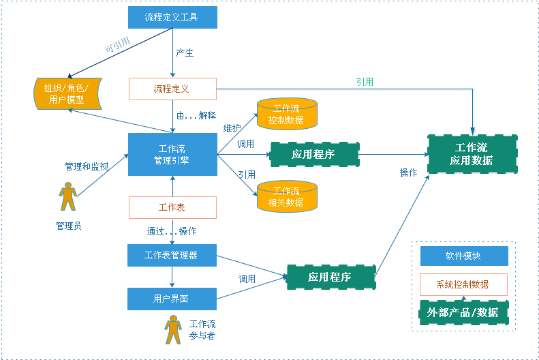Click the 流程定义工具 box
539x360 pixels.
pyautogui.click(x=172, y=17)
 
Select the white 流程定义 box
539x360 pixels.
pyautogui.click(x=172, y=89)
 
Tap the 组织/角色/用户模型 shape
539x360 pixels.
pyautogui.click(x=67, y=93)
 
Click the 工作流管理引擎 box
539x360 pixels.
pyautogui.click(x=172, y=154)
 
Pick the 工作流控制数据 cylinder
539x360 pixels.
pyautogui.click(x=287, y=114)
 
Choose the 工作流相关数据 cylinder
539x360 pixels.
pyautogui.click(x=287, y=196)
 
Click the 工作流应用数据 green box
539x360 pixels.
pyautogui.click(x=472, y=154)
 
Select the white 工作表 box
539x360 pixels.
pyautogui.click(x=172, y=207)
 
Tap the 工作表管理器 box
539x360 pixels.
pyautogui.click(x=172, y=255)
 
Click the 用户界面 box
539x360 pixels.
pyautogui.click(x=172, y=299)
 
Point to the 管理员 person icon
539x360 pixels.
pyautogui.click(x=67, y=196)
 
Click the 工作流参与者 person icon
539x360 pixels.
pyautogui.click(x=173, y=330)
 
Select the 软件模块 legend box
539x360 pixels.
pyautogui.click(x=464, y=256)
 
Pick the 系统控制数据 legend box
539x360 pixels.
pyautogui.click(x=463, y=284)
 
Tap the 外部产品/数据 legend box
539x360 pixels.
pyautogui.click(x=463, y=312)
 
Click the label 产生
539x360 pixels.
pyautogui.click(x=185, y=52)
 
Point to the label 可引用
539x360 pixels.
pyautogui.click(x=117, y=45)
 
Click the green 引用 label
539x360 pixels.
pyautogui.click(x=365, y=82)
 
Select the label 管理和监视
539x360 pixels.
pyautogui.click(x=87, y=166)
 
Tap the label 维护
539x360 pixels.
pyautogui.click(x=232, y=128)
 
